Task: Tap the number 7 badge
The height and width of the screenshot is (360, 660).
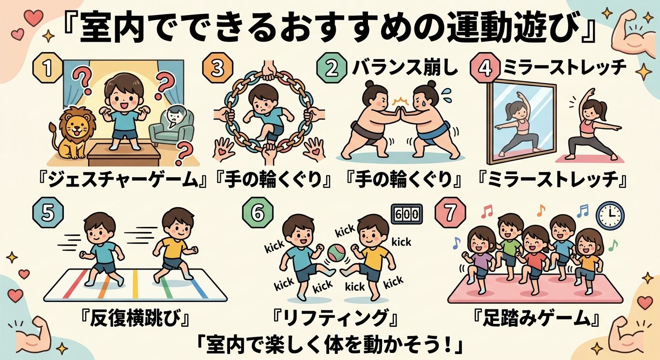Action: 450,213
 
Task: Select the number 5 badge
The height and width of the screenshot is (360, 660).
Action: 48,213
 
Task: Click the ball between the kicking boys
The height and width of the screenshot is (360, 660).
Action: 337,253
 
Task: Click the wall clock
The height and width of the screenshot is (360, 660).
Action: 610,216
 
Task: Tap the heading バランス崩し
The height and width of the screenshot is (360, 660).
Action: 405,68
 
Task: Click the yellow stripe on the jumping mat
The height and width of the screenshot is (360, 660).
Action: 135,284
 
